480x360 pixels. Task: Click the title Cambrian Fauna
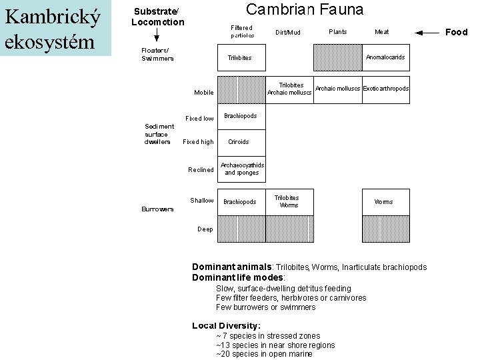(305, 9)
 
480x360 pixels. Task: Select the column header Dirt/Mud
(288, 32)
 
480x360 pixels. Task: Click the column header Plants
(337, 31)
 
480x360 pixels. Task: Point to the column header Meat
(382, 31)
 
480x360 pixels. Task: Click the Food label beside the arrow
(457, 32)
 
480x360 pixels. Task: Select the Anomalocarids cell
(385, 57)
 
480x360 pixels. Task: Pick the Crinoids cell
(238, 141)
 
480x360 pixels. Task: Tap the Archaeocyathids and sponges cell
(241, 169)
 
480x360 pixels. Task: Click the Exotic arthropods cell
(386, 89)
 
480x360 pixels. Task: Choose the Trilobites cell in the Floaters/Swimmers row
(239, 58)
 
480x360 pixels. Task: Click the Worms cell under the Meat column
(383, 201)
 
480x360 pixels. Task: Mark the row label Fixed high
(198, 141)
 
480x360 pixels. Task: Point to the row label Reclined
(201, 169)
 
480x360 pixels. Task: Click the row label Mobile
(204, 92)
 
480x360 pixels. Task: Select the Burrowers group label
(157, 209)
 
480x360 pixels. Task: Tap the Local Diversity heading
(226, 325)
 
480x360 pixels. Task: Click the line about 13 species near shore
(275, 345)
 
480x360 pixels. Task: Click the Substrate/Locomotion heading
(157, 17)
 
